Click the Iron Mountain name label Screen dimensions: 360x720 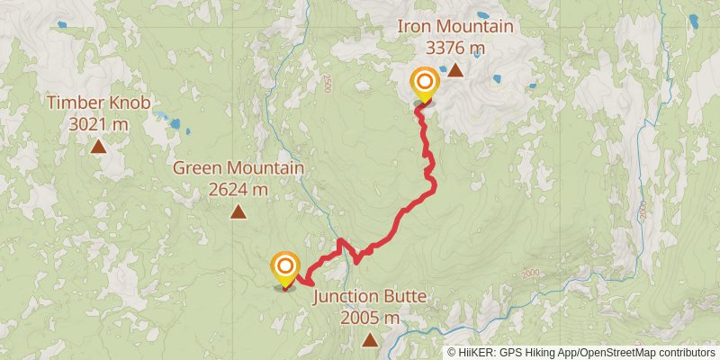point(455,26)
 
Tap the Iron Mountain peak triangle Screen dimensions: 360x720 point(455,69)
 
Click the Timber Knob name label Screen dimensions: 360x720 point(99,103)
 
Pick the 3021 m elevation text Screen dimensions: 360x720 point(99,123)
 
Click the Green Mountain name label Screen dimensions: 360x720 point(238,168)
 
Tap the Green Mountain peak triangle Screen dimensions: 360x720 point(238,212)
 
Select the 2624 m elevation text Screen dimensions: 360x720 point(238,189)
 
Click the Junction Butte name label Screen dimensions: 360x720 point(370,297)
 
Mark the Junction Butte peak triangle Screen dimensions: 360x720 point(370,339)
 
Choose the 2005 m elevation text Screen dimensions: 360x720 point(370,318)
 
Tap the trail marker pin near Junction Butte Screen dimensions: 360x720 point(285,266)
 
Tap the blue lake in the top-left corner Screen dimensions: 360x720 point(62,25)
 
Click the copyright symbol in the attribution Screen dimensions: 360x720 point(452,352)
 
